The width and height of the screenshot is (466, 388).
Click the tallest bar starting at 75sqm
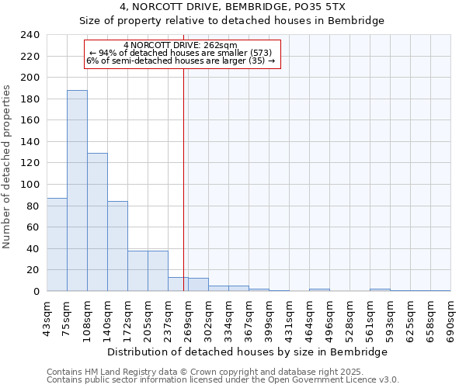(x=77, y=190)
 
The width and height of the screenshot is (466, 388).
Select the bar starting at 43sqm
(x=57, y=244)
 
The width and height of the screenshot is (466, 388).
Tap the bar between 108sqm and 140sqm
(x=97, y=222)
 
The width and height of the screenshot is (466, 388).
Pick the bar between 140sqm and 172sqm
(x=117, y=246)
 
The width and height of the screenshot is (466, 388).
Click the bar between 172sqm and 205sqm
(x=137, y=271)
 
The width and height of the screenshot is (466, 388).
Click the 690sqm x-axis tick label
(x=451, y=318)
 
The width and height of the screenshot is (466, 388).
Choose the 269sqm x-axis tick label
(x=189, y=318)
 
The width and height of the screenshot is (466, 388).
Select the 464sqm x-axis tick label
(x=310, y=318)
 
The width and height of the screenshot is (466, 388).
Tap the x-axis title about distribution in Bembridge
(x=249, y=352)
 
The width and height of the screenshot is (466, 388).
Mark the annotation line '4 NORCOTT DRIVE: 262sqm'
(x=180, y=45)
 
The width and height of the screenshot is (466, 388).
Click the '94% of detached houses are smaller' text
(x=180, y=53)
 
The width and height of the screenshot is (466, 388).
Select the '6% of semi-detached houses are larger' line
(x=180, y=61)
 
